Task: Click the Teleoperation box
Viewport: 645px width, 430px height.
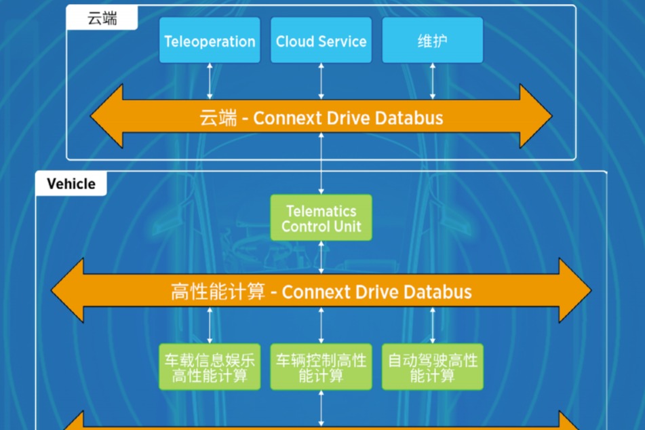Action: [210, 40]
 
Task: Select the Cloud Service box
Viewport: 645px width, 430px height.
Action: [321, 40]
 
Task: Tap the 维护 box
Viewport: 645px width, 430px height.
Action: [433, 40]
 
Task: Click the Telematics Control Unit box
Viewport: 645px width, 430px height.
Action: [321, 218]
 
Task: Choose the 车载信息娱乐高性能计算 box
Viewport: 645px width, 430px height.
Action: [210, 367]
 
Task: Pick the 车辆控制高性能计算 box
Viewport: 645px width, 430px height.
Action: [321, 367]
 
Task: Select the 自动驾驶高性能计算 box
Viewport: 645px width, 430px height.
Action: [433, 367]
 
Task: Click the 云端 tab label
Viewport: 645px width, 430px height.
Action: [102, 18]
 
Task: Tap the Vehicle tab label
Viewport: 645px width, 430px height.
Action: [71, 184]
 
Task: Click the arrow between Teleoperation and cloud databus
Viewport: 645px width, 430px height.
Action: [210, 81]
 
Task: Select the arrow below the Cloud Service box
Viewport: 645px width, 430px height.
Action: [321, 81]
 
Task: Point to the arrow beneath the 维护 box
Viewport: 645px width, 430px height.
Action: [433, 81]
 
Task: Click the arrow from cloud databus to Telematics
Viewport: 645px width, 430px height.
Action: [321, 163]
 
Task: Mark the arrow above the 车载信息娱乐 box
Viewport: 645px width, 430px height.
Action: [210, 326]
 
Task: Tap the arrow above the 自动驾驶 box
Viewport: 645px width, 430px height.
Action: [433, 326]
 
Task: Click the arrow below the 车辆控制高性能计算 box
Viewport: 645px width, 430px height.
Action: [321, 408]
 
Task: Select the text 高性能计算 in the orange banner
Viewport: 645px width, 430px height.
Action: [218, 292]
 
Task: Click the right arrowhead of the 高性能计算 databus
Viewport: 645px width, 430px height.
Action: [575, 290]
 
